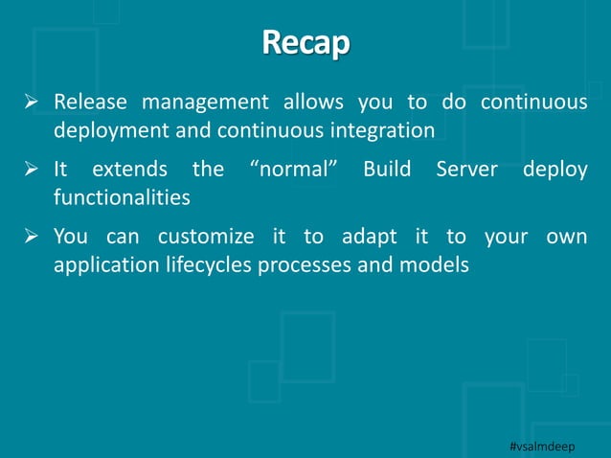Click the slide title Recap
[305, 44]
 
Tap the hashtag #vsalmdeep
[549, 447]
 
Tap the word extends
[129, 170]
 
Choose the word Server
[466, 170]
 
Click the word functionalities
[122, 196]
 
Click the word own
[568, 237]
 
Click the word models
[441, 263]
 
